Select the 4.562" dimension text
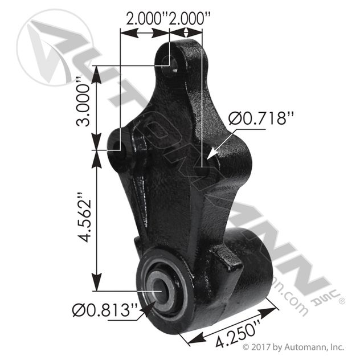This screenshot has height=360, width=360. coord(84,217)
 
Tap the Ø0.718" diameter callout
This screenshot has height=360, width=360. coord(261,118)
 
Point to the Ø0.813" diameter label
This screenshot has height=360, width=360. coord(105,310)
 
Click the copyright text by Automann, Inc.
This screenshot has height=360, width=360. coord(293,347)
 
